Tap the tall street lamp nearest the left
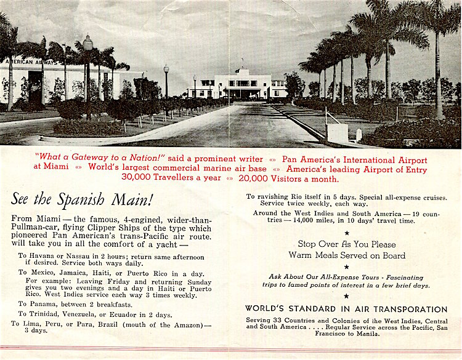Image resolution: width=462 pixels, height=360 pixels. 88,74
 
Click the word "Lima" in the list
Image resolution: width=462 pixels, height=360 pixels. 38,324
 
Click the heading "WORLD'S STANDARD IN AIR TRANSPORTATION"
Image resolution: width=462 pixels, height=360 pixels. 346,309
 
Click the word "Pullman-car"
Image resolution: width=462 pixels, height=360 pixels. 30,229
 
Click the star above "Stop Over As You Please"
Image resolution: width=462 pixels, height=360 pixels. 346,233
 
